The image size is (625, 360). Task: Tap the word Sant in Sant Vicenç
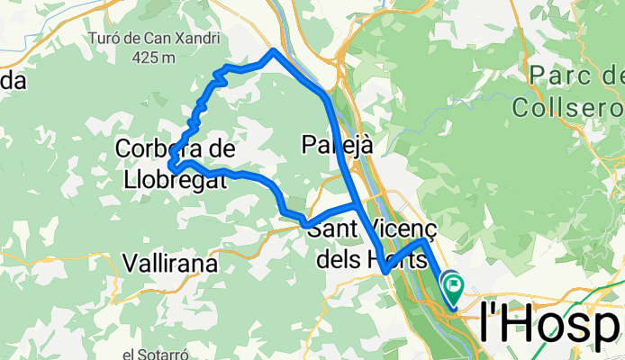point(332,229)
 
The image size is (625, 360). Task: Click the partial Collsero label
point(569,107)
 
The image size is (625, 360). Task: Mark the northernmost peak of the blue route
point(273,50)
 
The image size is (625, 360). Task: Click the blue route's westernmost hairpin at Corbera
point(171,166)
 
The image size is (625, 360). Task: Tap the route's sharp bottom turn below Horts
point(385,270)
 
